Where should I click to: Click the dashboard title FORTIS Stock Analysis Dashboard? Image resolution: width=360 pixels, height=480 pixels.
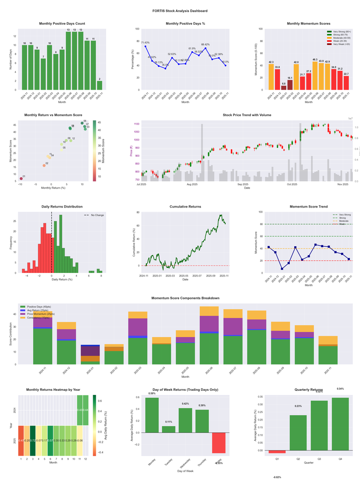tap(180, 11)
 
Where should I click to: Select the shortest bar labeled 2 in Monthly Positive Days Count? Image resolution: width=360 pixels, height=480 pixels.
tap(99, 85)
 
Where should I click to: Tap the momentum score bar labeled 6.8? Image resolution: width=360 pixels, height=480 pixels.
tap(283, 88)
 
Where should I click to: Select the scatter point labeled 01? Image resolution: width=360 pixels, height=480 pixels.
tap(21, 179)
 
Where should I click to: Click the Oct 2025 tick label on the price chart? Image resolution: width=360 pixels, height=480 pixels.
tap(292, 185)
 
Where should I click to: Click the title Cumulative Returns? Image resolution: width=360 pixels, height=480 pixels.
tap(185, 207)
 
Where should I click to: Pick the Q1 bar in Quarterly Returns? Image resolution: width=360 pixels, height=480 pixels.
tap(277, 452)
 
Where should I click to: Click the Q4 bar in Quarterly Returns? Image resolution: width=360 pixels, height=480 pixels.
tap(340, 424)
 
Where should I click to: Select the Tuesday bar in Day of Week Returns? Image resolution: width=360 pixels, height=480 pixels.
tap(168, 429)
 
